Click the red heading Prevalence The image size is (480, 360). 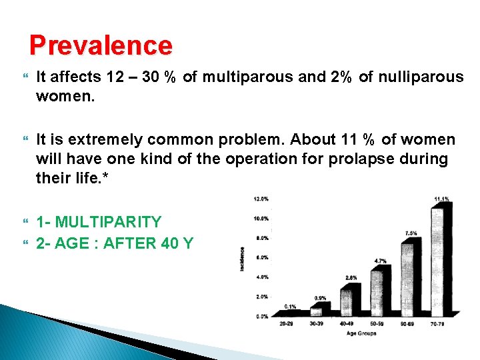(101, 45)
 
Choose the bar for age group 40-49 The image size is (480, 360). (346, 299)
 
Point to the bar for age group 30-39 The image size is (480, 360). (317, 310)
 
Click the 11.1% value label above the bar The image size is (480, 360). (441, 199)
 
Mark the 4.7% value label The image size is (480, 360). (380, 261)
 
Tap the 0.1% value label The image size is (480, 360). (289, 306)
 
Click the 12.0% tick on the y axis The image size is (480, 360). (261, 199)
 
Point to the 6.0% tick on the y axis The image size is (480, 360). (261, 257)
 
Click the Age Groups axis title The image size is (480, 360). (361, 333)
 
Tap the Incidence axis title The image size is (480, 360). (243, 257)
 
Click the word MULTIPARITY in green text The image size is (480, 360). (109, 222)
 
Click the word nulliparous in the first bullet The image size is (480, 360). (419, 77)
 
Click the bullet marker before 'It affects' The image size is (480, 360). (26, 77)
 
